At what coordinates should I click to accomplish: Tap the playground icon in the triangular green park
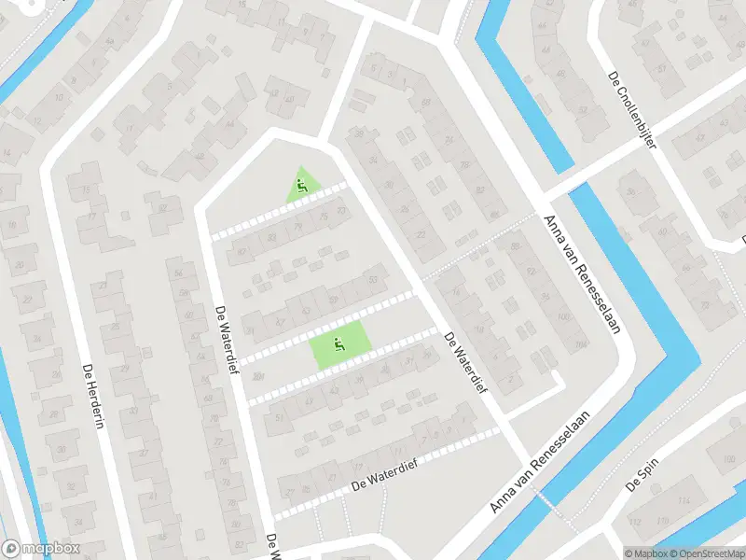(x=301, y=185)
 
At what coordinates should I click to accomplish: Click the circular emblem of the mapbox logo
(x=11, y=549)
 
